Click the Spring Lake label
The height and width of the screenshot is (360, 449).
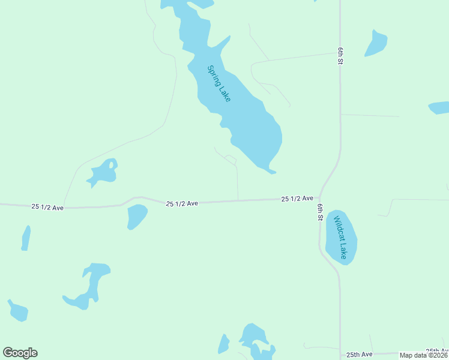click(x=218, y=83)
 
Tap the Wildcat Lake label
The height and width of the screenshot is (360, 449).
click(x=340, y=237)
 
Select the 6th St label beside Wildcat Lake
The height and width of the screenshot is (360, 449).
click(x=321, y=212)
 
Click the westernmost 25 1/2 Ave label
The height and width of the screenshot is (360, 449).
click(x=47, y=206)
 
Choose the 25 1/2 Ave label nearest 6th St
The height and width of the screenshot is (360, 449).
click(x=298, y=198)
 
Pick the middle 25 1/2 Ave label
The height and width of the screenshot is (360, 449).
click(x=182, y=203)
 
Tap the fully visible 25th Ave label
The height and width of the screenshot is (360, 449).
click(x=359, y=355)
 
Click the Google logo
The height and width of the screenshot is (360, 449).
click(x=20, y=353)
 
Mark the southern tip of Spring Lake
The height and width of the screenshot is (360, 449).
click(x=271, y=172)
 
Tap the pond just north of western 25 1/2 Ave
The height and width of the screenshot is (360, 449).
click(x=103, y=172)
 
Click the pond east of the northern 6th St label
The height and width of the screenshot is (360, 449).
click(x=376, y=43)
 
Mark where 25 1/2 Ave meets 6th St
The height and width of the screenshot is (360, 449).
click(x=319, y=197)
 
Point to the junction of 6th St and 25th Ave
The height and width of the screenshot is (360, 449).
click(x=340, y=354)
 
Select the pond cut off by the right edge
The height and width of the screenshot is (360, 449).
click(x=439, y=108)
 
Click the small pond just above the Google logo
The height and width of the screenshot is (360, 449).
click(x=18, y=311)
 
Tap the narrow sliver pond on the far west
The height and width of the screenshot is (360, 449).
click(x=26, y=238)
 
